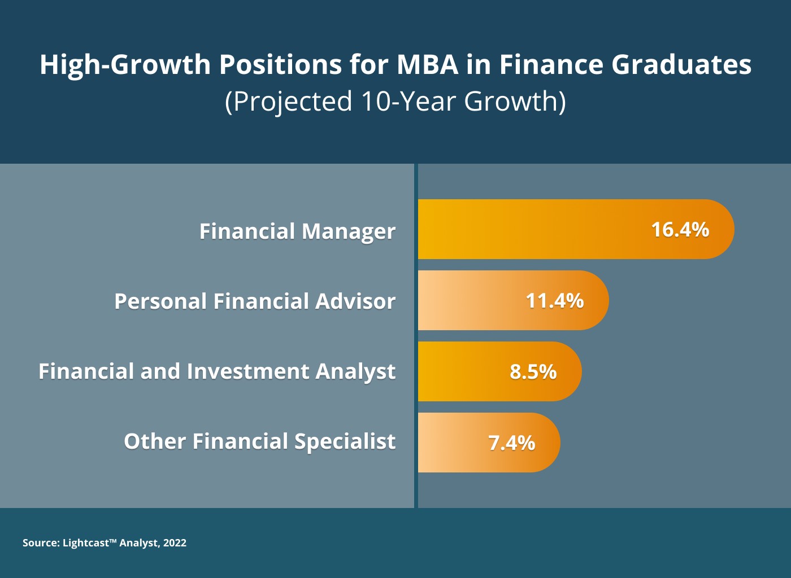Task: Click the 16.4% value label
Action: point(680,230)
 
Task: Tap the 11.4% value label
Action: point(555,301)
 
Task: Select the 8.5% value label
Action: point(533,371)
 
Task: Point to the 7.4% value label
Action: point(512,443)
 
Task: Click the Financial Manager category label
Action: point(297,231)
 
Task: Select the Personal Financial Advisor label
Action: point(255,301)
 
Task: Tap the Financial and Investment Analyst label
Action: point(217,372)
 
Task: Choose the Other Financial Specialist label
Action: point(259,441)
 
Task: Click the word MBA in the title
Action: point(428,64)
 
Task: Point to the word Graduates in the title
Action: point(681,64)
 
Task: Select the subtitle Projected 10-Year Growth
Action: point(395,102)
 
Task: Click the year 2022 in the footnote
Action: point(175,542)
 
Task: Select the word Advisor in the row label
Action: point(355,301)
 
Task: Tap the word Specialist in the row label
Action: point(345,442)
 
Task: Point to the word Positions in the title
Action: point(281,64)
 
